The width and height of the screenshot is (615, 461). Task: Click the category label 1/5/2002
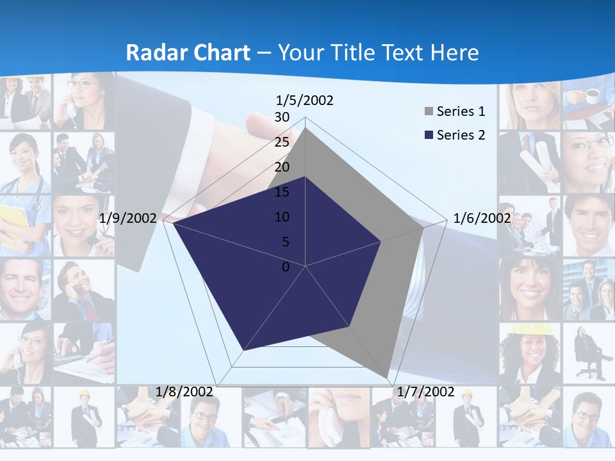[x=305, y=101]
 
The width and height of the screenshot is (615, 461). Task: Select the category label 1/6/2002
[x=482, y=218]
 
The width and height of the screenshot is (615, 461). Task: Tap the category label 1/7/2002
[x=426, y=392]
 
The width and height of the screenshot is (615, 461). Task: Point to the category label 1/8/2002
[x=184, y=392]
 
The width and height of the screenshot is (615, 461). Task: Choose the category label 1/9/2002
[x=128, y=218]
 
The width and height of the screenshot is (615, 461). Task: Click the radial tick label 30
[x=282, y=117]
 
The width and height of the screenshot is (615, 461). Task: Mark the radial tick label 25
[x=282, y=142]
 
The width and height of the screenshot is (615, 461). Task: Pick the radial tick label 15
[x=282, y=192]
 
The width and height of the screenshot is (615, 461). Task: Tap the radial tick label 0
[x=286, y=267]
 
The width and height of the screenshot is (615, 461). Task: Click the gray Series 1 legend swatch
[x=429, y=112]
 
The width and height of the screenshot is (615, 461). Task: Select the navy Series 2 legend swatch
[x=429, y=135]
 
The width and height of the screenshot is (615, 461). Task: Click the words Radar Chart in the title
[x=188, y=53]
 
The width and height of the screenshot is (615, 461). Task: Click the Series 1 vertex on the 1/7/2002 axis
[x=386, y=378]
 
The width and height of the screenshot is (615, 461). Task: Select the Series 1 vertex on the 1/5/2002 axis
[x=306, y=128]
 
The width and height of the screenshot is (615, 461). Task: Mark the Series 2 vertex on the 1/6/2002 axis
[x=381, y=241]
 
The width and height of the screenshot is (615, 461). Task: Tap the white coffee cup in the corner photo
[x=593, y=96]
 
